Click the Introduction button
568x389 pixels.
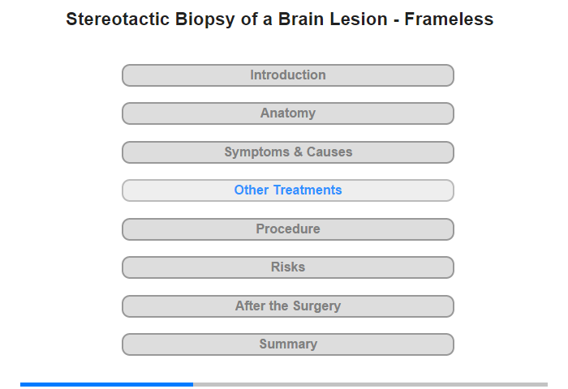pos(288,75)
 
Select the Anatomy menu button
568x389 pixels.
pos(288,113)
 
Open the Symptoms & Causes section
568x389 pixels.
pos(288,152)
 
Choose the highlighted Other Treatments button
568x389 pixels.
pos(288,190)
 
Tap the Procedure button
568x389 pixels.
pos(288,229)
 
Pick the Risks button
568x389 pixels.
pos(288,267)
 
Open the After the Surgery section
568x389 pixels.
pos(288,306)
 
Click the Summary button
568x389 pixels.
pos(288,344)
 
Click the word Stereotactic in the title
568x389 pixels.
pos(118,19)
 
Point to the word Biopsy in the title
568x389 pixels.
pos(205,20)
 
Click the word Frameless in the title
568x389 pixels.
pos(449,19)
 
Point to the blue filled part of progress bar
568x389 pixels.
pos(106,384)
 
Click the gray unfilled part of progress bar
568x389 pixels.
pos(370,384)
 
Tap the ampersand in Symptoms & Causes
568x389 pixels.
pos(298,152)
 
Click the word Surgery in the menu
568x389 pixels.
pos(317,306)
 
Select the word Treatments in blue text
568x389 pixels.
pos(308,190)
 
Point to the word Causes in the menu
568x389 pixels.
pos(329,152)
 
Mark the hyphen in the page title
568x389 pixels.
pos(396,20)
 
